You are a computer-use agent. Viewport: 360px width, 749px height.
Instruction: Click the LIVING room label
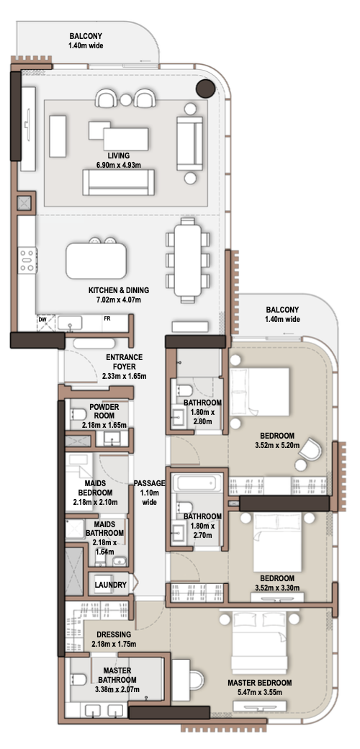click(x=119, y=156)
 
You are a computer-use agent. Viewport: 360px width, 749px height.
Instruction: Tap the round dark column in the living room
click(x=206, y=89)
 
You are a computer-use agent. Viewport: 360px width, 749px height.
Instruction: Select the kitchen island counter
click(x=96, y=261)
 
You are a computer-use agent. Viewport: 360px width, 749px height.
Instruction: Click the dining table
click(x=188, y=260)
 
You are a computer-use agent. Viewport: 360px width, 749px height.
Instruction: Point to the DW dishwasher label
click(x=42, y=318)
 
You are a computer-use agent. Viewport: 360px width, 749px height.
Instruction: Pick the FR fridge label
click(x=107, y=318)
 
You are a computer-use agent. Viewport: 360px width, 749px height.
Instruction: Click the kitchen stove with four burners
click(x=27, y=260)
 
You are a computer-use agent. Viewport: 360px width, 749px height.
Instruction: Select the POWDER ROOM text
click(x=104, y=411)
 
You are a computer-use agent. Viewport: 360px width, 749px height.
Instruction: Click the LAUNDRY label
click(x=110, y=585)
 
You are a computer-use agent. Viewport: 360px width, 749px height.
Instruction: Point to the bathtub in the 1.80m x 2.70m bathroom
click(x=198, y=483)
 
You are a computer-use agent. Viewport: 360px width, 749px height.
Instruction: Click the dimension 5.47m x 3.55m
click(x=259, y=693)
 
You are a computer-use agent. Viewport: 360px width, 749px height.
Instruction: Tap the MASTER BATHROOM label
click(x=117, y=676)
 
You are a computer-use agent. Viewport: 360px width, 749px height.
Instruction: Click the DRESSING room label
click(x=114, y=634)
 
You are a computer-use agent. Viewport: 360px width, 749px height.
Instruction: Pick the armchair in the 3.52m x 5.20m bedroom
click(x=311, y=449)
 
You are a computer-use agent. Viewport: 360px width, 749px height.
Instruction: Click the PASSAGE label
click(x=149, y=483)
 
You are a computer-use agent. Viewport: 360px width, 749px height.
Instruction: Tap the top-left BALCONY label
click(x=86, y=36)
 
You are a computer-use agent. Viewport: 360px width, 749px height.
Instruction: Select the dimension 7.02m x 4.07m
click(x=118, y=300)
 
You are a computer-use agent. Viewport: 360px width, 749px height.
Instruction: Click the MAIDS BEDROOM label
click(x=93, y=488)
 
